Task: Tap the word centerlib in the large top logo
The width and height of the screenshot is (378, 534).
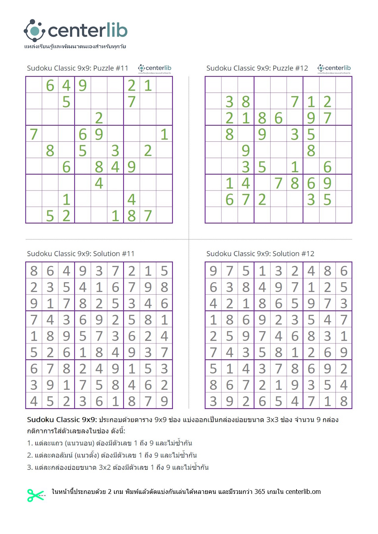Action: click(87, 31)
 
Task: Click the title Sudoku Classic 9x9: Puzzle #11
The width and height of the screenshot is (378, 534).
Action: click(78, 68)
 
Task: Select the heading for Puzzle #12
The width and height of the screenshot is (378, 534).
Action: click(257, 68)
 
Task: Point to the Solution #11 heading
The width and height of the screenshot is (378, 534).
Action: click(81, 254)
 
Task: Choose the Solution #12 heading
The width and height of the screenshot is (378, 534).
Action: click(260, 254)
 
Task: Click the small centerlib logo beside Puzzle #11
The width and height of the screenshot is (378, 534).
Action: click(155, 68)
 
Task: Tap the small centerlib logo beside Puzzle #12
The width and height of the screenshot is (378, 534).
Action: click(334, 68)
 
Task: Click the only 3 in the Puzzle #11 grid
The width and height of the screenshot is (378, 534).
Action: click(115, 151)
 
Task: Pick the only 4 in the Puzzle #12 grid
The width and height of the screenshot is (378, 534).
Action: click(246, 183)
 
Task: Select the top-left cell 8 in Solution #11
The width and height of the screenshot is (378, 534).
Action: click(34, 271)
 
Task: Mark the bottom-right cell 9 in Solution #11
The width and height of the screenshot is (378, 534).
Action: click(164, 401)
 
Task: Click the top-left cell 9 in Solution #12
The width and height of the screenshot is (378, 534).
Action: click(213, 271)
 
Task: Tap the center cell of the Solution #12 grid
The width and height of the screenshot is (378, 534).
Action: click(279, 336)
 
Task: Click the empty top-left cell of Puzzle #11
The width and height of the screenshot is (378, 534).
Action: click(34, 85)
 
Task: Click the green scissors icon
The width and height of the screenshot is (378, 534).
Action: click(36, 495)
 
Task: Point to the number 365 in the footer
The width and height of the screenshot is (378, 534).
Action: click(260, 492)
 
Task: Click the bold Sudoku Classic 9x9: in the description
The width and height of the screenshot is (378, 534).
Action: click(62, 420)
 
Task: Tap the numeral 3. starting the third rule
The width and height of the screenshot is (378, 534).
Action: click(30, 467)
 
